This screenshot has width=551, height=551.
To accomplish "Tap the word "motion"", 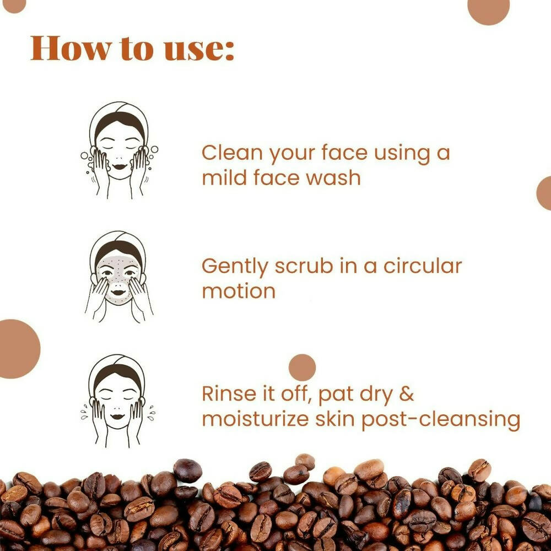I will point(239,290).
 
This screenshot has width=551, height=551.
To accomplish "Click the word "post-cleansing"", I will point(441,420).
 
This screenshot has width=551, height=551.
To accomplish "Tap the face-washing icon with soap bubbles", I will point(117,150).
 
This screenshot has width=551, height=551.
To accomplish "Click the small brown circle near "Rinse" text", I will point(302,368).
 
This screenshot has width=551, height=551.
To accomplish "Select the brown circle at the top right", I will point(488,8).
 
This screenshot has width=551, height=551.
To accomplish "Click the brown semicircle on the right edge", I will point(545,193).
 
